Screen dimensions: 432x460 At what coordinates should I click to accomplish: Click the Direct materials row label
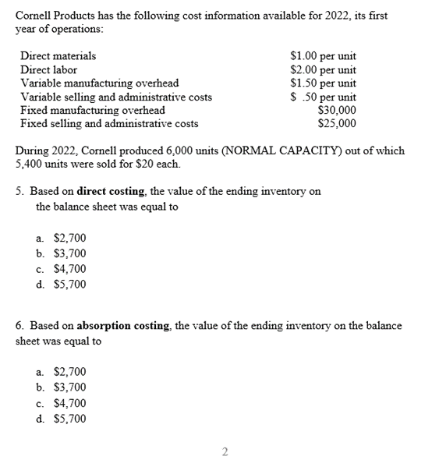click(x=58, y=56)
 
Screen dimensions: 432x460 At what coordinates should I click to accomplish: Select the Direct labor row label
click(x=48, y=69)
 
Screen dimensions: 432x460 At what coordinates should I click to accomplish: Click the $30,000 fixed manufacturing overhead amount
click(x=337, y=110)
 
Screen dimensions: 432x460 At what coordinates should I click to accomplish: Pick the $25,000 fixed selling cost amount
click(x=337, y=123)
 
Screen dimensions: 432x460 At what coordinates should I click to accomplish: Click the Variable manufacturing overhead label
click(x=99, y=83)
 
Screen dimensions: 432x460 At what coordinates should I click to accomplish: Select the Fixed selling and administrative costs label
click(x=108, y=123)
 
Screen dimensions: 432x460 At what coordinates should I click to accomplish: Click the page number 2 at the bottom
click(x=225, y=451)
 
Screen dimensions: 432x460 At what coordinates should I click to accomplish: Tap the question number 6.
click(x=19, y=326)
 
